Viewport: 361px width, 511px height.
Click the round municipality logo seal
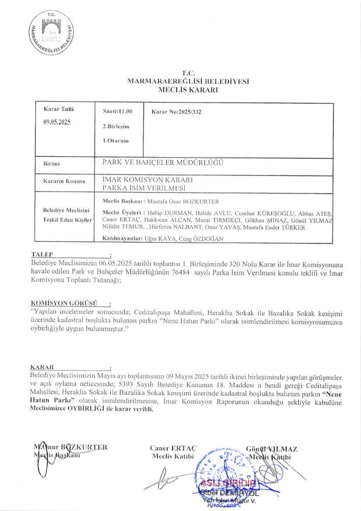(x=51, y=33)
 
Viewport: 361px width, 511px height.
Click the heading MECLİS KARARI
(x=188, y=90)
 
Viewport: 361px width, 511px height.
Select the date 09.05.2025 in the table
(x=57, y=122)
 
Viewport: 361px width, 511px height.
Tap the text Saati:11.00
(x=117, y=111)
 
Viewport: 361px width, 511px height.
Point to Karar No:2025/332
(x=176, y=112)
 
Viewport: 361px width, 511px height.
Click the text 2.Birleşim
(x=116, y=126)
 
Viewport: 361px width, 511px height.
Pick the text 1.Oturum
(x=116, y=141)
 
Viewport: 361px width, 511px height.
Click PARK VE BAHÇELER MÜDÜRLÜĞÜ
(x=163, y=163)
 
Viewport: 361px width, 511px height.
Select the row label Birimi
(x=52, y=164)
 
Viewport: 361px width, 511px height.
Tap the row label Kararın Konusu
(x=64, y=181)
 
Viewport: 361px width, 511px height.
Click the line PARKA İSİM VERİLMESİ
(x=144, y=188)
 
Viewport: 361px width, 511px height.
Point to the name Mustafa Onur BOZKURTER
(x=183, y=202)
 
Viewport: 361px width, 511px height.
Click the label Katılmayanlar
(x=122, y=239)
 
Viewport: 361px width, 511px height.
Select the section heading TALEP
(x=42, y=254)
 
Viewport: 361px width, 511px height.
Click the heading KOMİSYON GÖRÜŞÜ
(x=64, y=303)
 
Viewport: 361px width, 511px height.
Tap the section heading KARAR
(x=42, y=367)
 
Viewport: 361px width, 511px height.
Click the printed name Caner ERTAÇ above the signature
(x=173, y=448)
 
